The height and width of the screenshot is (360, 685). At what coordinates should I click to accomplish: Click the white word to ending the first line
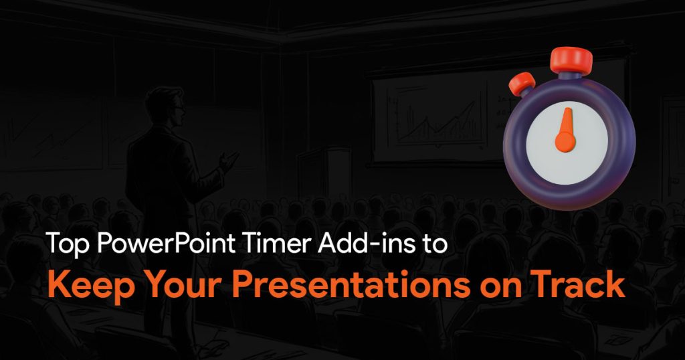pyautogui.click(x=433, y=244)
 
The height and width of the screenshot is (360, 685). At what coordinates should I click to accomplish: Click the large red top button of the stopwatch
pyautogui.click(x=571, y=60)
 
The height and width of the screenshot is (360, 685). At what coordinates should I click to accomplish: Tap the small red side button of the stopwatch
pyautogui.click(x=522, y=84)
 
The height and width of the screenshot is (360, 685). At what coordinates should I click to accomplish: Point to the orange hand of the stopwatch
pyautogui.click(x=566, y=130)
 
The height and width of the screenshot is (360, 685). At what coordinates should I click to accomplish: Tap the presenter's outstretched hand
pyautogui.click(x=229, y=161)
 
